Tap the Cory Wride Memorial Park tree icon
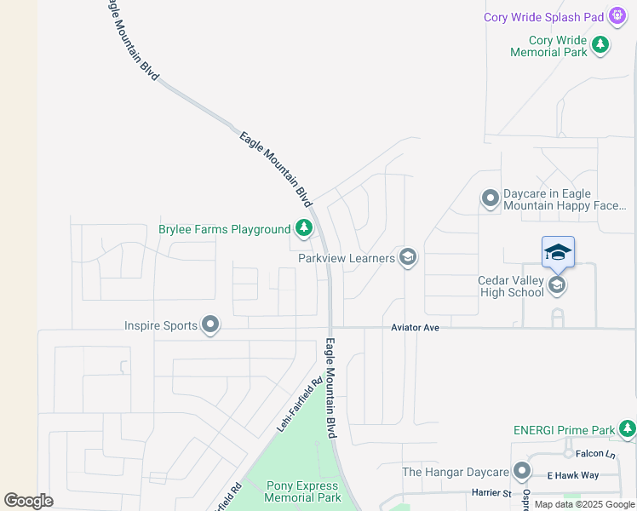pos(600,44)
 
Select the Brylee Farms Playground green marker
pos(303,228)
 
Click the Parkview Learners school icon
pos(408,257)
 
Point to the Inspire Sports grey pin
pos(210,324)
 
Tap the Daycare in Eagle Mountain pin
pos(490,198)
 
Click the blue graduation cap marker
pos(558,252)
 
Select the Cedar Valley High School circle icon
pos(557,285)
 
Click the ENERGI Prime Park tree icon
pos(628,429)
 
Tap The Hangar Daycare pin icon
pos(521,471)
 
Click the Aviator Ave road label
pos(415,327)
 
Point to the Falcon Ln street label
pos(594,454)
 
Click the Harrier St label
pos(491,492)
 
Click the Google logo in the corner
pos(28,501)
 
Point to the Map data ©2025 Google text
pos(584,504)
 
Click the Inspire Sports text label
pos(159,324)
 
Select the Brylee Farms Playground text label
pos(225,229)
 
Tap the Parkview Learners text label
pos(347,257)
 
